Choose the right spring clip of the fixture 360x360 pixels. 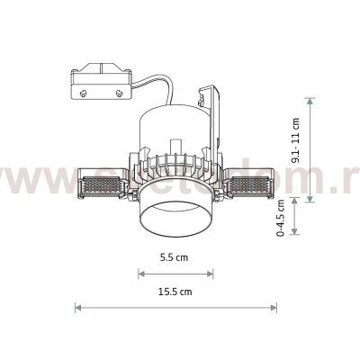point(254,185)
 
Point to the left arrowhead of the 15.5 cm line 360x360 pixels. point(77,308)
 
